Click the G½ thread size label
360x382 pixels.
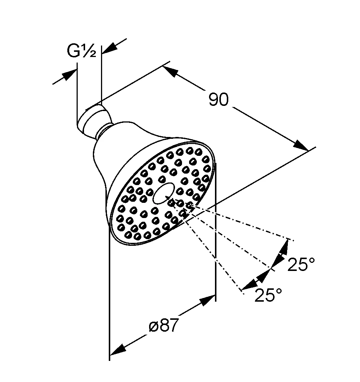[x=82, y=51]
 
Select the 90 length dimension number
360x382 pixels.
[x=219, y=100]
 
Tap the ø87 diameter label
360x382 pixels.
[x=164, y=325]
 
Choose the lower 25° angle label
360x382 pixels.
[x=268, y=295]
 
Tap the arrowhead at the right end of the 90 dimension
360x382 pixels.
[x=301, y=145]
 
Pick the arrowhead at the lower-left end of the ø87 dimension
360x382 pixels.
[x=118, y=350]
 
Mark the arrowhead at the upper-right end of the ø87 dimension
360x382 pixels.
[x=208, y=300]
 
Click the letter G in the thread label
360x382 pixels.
[x=73, y=51]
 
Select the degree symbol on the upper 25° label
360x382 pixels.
[x=312, y=260]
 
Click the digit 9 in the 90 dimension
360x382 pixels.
[x=213, y=100]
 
